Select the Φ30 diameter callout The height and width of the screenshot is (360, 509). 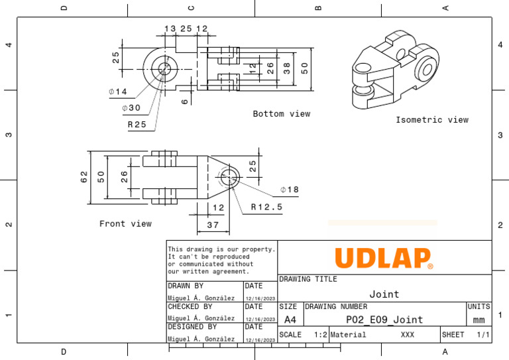point(131,108)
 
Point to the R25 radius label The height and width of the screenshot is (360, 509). point(137,124)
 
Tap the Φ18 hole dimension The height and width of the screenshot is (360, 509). point(290,190)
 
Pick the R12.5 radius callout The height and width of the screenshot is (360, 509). point(266,207)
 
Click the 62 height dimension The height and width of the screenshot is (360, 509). point(84,177)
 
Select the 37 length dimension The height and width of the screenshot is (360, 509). point(213,225)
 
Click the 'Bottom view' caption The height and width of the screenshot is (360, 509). point(281,114)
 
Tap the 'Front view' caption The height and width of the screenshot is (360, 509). point(125,224)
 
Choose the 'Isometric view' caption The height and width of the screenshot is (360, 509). point(431,120)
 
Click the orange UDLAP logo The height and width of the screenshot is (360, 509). point(384,258)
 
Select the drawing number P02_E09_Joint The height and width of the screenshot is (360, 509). point(384,320)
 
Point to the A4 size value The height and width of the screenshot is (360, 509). point(290,320)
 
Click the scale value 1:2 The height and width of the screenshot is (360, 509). point(320,335)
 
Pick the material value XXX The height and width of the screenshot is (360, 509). point(407,335)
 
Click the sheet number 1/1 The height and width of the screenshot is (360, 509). point(482,335)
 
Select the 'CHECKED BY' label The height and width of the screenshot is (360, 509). point(190,307)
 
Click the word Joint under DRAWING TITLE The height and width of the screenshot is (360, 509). point(384,294)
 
